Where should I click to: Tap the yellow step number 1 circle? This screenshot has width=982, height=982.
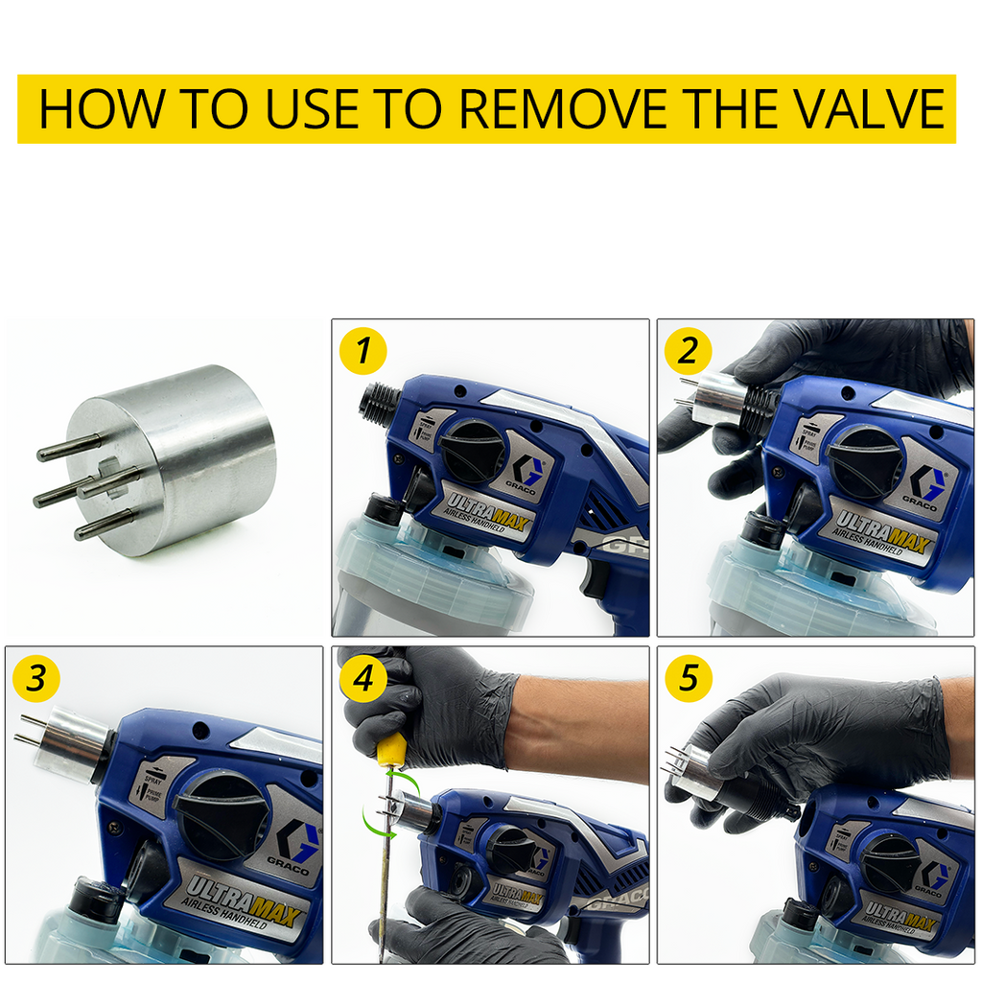click(362, 351)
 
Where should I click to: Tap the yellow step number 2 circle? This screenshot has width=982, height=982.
click(688, 351)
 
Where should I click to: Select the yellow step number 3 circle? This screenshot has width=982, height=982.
click(35, 679)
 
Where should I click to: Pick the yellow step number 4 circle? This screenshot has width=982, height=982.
click(362, 679)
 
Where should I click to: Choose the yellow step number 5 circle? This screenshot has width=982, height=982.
click(688, 679)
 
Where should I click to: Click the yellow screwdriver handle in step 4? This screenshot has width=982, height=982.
click(390, 748)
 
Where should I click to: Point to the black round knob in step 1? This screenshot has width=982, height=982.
click(472, 451)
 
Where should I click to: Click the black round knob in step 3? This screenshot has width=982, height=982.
click(222, 812)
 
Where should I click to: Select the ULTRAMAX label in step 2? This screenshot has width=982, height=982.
click(881, 533)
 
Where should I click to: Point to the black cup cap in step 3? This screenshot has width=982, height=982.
click(96, 900)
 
